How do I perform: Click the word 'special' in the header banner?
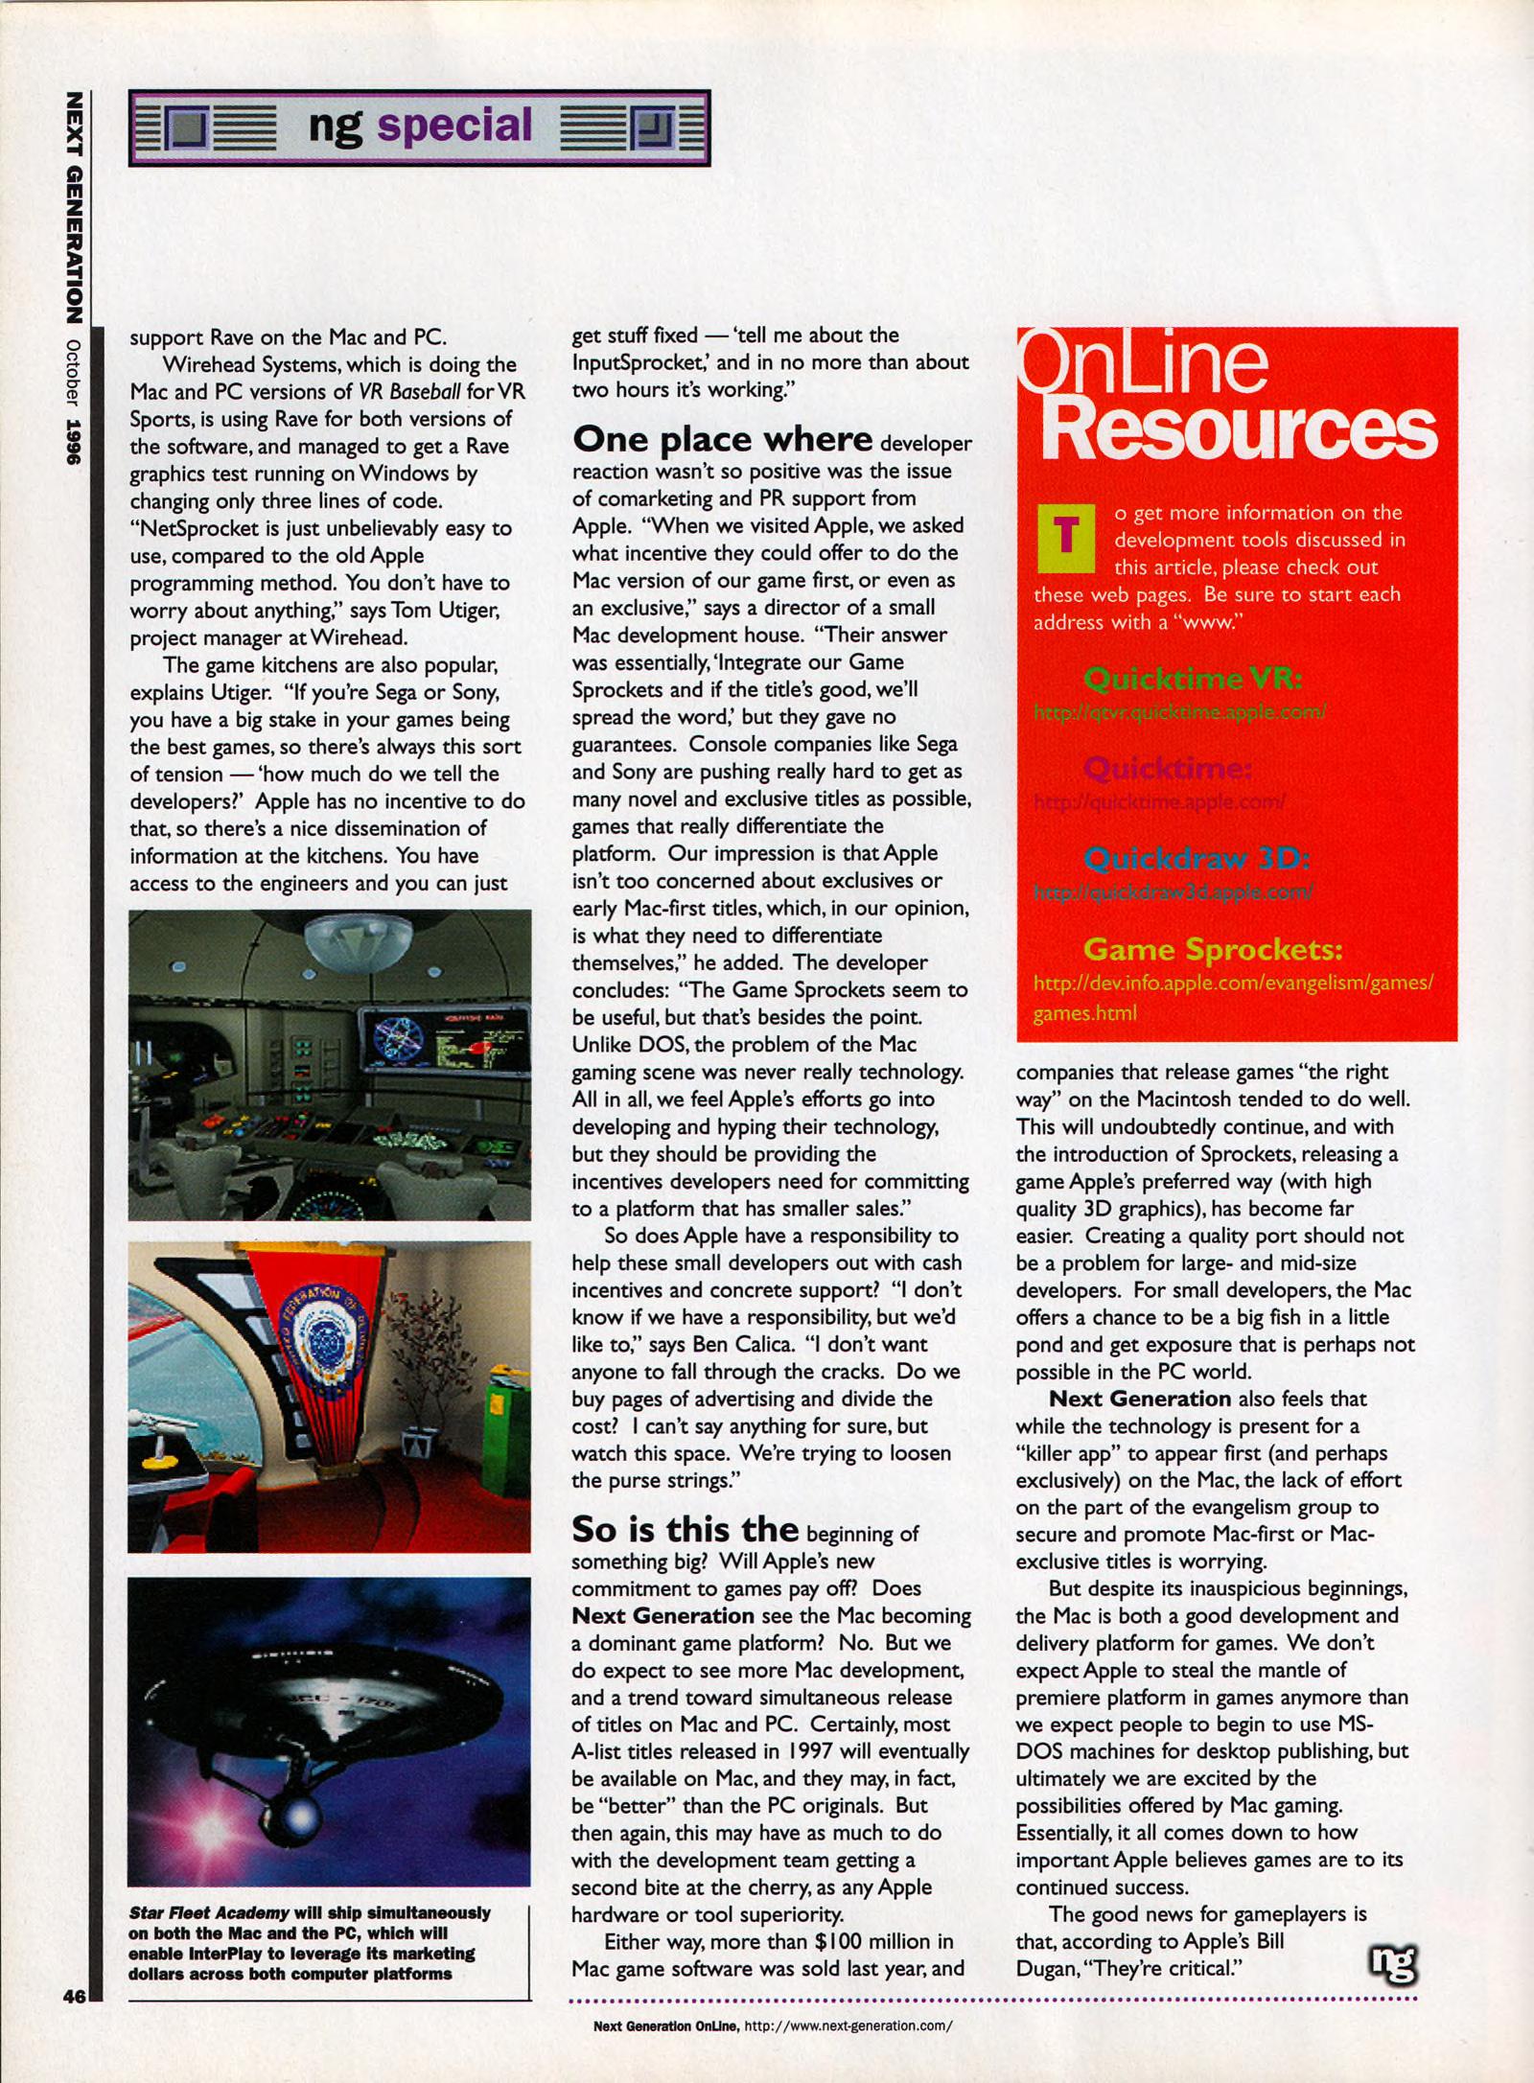pyautogui.click(x=454, y=126)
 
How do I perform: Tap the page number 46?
pyautogui.click(x=74, y=1997)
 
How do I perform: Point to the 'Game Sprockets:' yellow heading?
pyautogui.click(x=1213, y=949)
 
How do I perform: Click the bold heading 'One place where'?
pyautogui.click(x=722, y=439)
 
